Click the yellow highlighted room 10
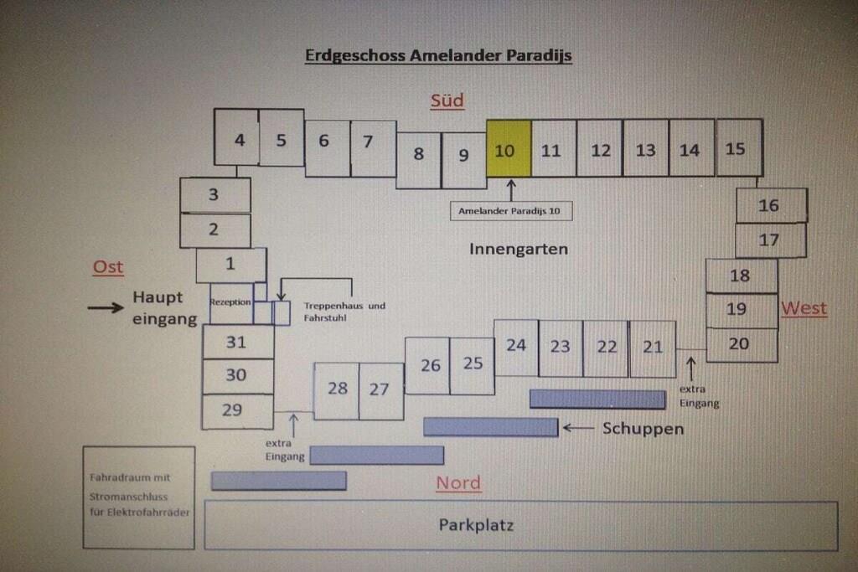click(509, 148)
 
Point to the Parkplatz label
click(476, 525)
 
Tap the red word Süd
click(447, 101)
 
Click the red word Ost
click(108, 267)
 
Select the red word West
click(804, 308)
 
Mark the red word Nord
click(458, 482)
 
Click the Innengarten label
click(518, 249)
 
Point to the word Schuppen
click(643, 429)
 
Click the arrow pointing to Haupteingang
click(105, 307)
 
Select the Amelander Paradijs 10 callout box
click(510, 211)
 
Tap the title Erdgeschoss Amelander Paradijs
click(437, 56)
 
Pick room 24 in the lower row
click(516, 346)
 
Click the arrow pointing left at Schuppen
click(577, 428)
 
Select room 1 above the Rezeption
click(230, 265)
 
